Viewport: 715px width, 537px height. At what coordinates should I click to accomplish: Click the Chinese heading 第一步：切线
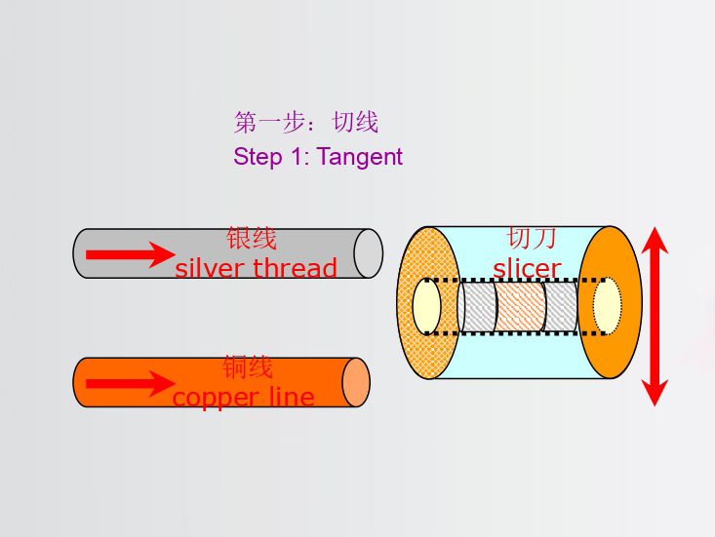pos(305,123)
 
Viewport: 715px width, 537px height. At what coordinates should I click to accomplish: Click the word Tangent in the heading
pos(359,157)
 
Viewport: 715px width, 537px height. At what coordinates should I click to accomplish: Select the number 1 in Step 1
pos(297,157)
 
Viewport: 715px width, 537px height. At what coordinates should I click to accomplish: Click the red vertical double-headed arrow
pos(655,316)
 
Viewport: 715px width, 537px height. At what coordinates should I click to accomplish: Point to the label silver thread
pos(256,268)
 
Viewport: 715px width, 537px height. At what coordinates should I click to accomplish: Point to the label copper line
pos(243,397)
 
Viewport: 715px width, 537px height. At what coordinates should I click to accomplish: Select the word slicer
pos(527,268)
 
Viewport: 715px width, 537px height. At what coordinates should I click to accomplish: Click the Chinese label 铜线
pos(248,367)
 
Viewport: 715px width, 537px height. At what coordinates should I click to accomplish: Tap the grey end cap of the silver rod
pos(368,253)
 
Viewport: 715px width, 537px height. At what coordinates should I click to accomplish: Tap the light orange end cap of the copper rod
pos(356,382)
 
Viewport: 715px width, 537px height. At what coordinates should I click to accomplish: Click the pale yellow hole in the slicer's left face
pos(427,306)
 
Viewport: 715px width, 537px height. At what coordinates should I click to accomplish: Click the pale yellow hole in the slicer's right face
pos(607,305)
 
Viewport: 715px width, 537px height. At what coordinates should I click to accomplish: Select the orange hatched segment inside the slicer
pos(520,306)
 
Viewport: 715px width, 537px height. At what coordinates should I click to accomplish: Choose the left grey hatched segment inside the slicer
pos(478,306)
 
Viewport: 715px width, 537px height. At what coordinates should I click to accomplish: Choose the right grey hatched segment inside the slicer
pos(562,306)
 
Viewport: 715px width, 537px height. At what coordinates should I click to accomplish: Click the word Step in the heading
pos(257,157)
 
